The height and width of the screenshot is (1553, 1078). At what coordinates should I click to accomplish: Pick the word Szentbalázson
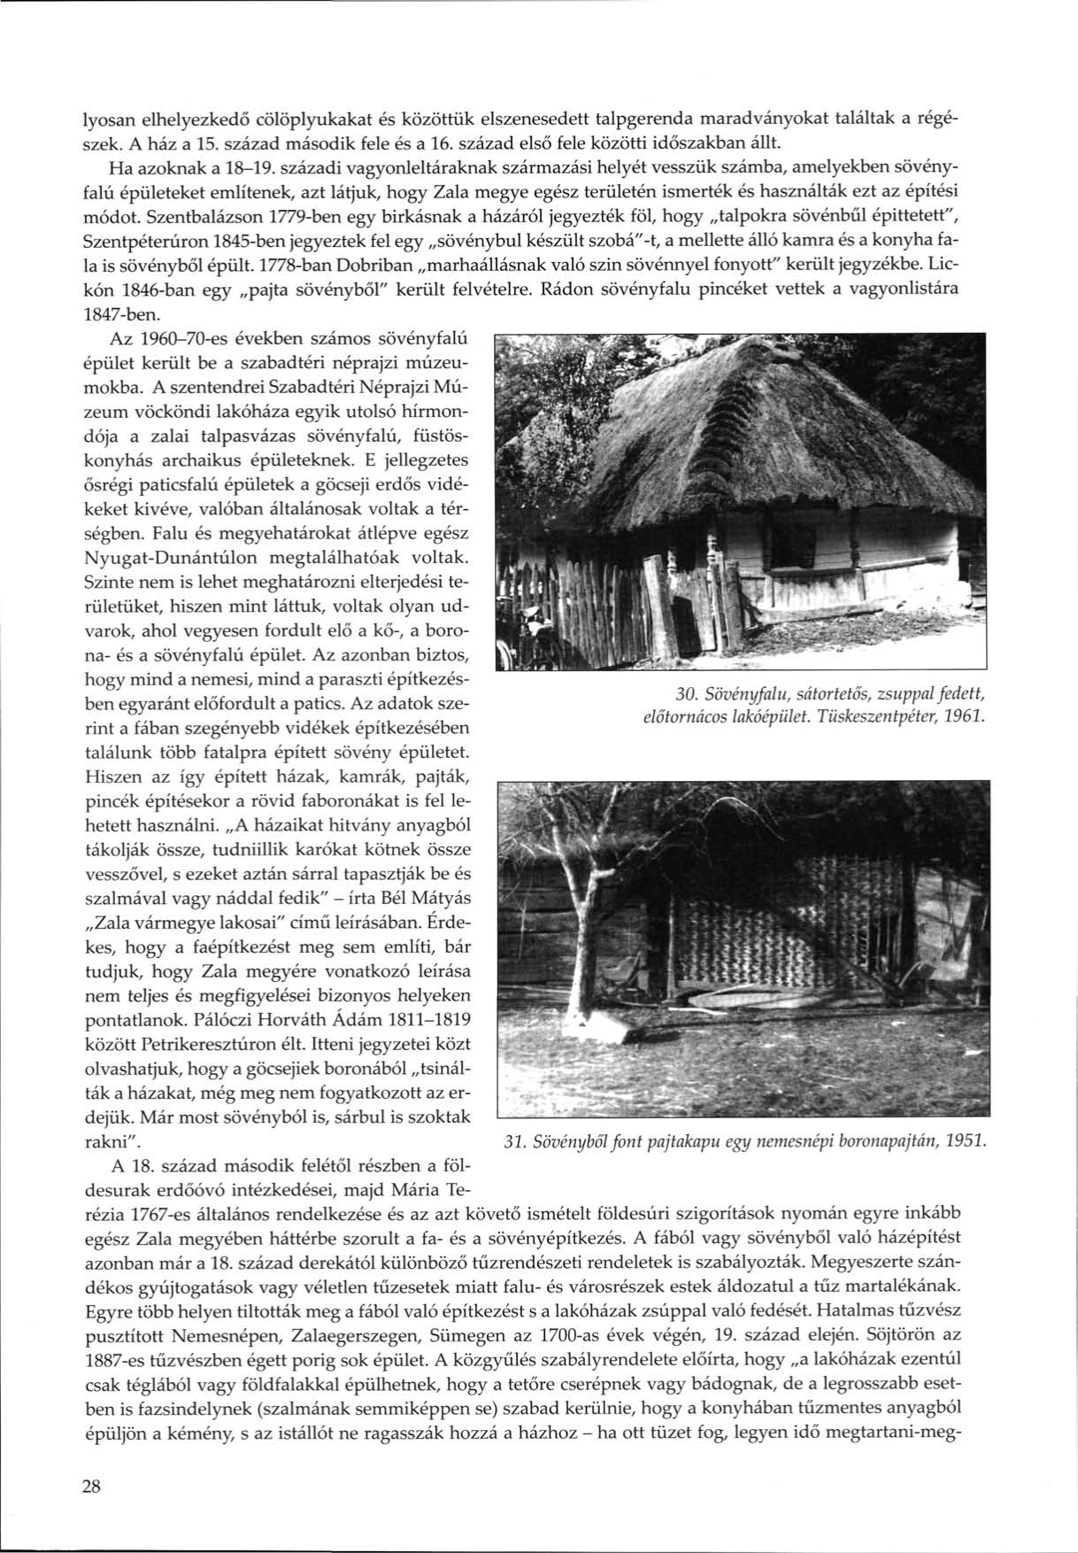(191, 216)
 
